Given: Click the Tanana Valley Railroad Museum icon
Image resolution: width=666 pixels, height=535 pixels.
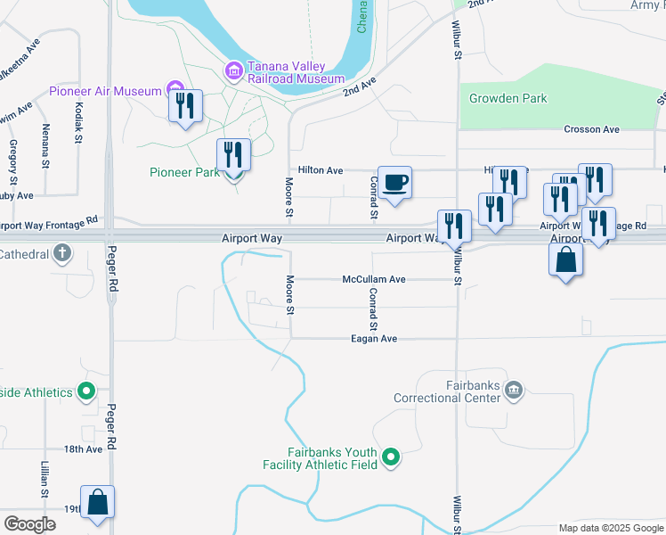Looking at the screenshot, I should [x=234, y=70].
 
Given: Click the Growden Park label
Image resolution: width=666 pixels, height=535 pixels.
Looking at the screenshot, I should [x=508, y=98].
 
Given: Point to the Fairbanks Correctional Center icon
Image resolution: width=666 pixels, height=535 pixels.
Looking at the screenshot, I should [x=513, y=390].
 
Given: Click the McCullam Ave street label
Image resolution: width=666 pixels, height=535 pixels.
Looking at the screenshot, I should [x=374, y=279].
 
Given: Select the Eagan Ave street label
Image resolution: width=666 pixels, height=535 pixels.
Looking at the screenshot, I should [x=374, y=339].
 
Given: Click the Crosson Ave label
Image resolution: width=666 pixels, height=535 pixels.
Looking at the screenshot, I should [x=591, y=129].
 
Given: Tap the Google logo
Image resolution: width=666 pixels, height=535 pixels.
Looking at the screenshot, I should [x=30, y=523].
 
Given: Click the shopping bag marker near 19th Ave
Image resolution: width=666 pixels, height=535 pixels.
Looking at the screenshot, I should [x=98, y=503].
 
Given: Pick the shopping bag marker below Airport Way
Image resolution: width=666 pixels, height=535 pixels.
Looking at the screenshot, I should [x=565, y=260].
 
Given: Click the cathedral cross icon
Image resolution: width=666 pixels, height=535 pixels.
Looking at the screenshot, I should [x=61, y=255].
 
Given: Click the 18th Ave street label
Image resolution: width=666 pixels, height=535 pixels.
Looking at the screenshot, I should [x=84, y=449].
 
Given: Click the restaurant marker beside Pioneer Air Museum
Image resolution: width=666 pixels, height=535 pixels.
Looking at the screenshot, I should [x=185, y=107].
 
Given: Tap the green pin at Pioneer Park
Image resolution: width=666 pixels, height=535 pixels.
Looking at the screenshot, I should [x=233, y=171].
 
